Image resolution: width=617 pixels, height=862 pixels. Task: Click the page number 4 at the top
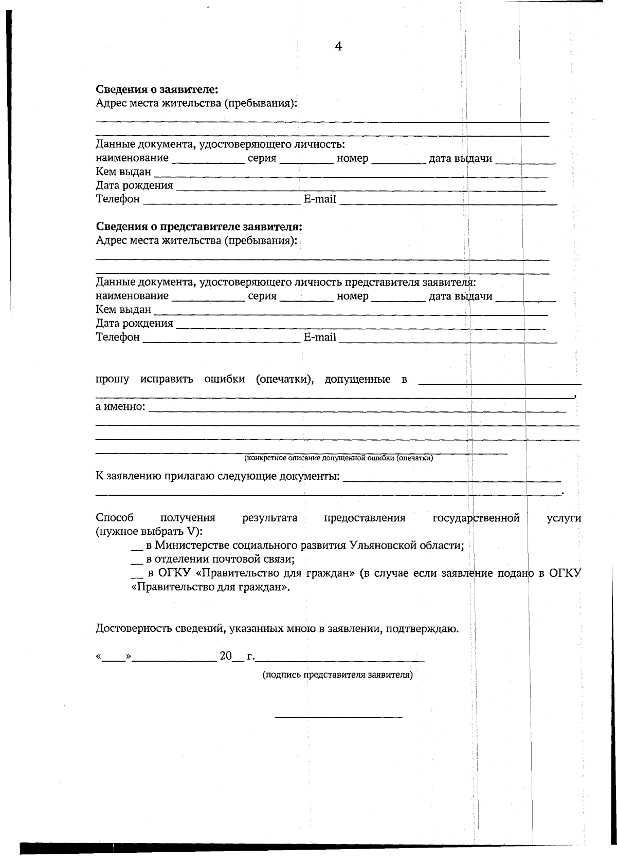point(338,46)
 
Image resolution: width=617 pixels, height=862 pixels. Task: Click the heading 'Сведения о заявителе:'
point(157,89)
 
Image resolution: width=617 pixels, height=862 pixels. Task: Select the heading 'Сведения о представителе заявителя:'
point(199,227)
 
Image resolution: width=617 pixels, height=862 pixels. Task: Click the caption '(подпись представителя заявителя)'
point(338,674)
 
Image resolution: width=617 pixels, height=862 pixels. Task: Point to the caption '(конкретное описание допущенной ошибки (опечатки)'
point(338,458)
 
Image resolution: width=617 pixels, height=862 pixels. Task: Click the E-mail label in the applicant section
point(319,199)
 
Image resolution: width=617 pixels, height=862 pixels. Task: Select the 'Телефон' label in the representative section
point(118,338)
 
